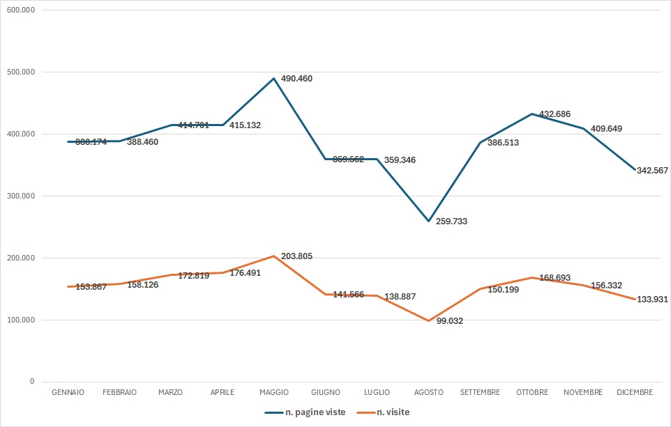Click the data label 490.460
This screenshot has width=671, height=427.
[x=296, y=79]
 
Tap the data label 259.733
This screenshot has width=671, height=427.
[x=451, y=222]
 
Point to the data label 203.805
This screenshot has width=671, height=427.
[x=296, y=256]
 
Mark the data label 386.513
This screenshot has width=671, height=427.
[x=503, y=143]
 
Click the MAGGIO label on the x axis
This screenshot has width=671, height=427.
[x=273, y=392]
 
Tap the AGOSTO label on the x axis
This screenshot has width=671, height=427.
[x=428, y=392]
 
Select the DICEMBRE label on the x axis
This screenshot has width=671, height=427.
[x=635, y=392]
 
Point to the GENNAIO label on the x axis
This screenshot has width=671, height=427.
[x=68, y=392]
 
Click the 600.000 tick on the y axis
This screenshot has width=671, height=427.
[x=23, y=10]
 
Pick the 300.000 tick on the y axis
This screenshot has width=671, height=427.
[x=23, y=196]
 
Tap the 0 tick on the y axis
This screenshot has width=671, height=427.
[x=32, y=382]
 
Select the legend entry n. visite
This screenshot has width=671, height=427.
[x=393, y=412]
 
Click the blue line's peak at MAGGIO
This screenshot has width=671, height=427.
[x=274, y=78]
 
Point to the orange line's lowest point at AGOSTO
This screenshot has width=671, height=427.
[x=429, y=320]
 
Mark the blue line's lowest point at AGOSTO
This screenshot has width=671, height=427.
[x=429, y=221]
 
